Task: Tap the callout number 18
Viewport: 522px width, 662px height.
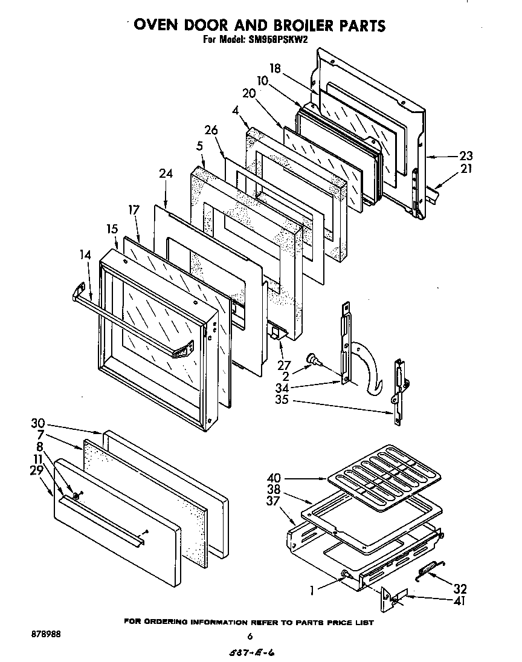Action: pyautogui.click(x=275, y=69)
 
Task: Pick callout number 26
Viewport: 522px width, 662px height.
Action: pyautogui.click(x=211, y=130)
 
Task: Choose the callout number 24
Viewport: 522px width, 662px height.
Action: pyautogui.click(x=166, y=174)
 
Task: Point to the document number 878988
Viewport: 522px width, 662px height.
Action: pyautogui.click(x=45, y=635)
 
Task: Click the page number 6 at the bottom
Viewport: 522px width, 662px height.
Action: pyautogui.click(x=249, y=636)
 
